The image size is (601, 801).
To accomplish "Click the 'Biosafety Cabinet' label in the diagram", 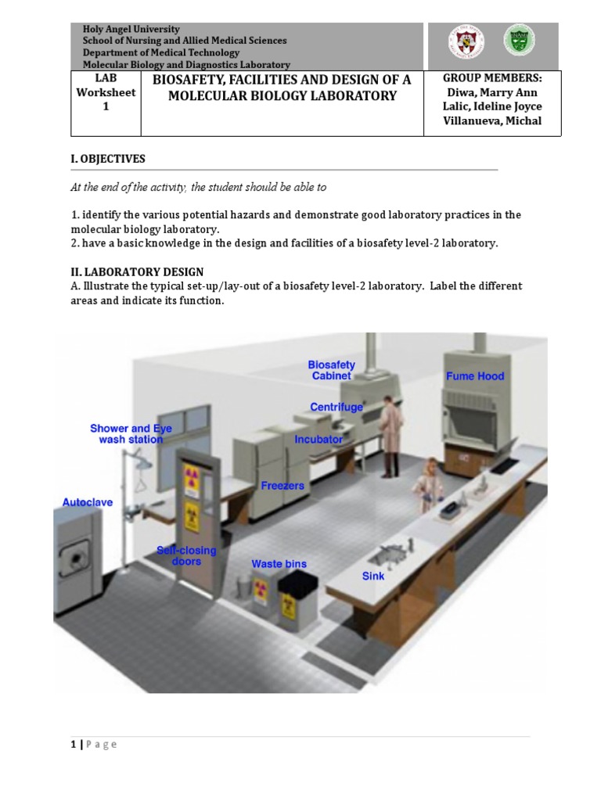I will click(x=331, y=370).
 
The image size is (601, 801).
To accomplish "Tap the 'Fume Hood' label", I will click(x=475, y=376).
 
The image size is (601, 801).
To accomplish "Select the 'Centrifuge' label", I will click(x=336, y=408).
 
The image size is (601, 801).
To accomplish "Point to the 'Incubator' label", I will click(x=318, y=440).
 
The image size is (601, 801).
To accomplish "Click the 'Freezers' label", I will click(x=283, y=486).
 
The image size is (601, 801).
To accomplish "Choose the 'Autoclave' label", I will click(x=88, y=502).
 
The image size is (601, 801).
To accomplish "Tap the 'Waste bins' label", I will click(x=279, y=564).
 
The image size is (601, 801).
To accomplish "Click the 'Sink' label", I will click(x=373, y=577).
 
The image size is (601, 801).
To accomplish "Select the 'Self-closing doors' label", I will click(x=186, y=556).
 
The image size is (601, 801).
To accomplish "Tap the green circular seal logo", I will click(x=519, y=41).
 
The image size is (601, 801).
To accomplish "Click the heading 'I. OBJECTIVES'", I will click(x=108, y=159).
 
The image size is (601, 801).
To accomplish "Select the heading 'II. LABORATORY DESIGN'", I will click(x=137, y=272).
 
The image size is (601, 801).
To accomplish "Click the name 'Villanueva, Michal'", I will click(x=492, y=120).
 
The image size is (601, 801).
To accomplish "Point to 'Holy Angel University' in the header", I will click(x=131, y=29).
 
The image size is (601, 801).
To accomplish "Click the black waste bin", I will click(x=297, y=594).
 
